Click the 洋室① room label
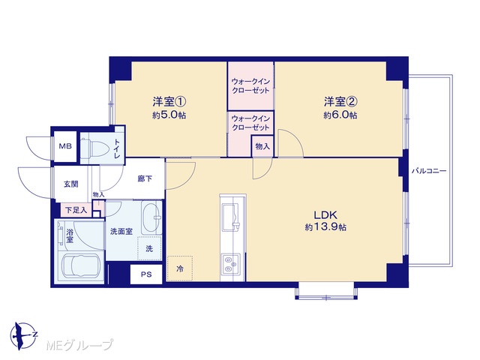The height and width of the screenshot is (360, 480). point(169,101)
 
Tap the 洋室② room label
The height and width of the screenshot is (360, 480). point(340,101)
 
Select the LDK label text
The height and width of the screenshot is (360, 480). point(325,214)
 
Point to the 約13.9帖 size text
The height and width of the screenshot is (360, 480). point(325,227)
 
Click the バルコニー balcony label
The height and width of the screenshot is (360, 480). point(429,171)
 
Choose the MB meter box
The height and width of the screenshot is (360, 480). point(65,146)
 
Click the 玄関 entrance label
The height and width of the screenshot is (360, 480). point(70,184)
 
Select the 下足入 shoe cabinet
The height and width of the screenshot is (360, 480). point(76,210)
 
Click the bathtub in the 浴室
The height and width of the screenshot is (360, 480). point(80,265)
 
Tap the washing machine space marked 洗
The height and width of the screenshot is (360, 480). point(149,248)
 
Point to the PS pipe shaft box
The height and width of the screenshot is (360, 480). point(146,274)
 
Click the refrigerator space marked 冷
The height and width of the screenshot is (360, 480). point(180,268)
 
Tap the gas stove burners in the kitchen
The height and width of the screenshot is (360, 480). point(231,263)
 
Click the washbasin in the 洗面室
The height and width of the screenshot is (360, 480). point(151,217)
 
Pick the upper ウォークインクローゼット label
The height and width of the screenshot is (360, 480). point(250,86)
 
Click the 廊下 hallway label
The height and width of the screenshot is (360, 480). point(145,178)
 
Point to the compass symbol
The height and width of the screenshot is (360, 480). point(23,336)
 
